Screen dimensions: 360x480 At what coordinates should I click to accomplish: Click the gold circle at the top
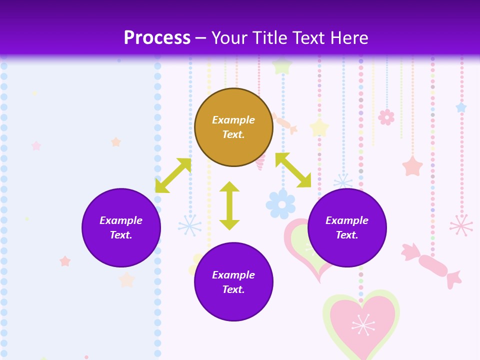(x=233, y=127)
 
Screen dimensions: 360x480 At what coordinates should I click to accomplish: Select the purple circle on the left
(x=121, y=228)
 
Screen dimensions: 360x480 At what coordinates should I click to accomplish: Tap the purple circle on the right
(x=347, y=228)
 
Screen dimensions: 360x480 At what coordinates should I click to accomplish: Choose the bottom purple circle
(x=233, y=282)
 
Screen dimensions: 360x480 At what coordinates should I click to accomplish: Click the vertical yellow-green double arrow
(x=229, y=205)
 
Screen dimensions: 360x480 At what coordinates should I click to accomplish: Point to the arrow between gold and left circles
(x=173, y=175)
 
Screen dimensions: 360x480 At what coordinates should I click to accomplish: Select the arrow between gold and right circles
(x=293, y=170)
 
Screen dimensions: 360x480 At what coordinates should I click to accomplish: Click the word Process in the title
(x=157, y=38)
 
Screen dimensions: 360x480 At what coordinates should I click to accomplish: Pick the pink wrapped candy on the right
(x=432, y=265)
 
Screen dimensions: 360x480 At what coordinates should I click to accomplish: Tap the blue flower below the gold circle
(x=280, y=203)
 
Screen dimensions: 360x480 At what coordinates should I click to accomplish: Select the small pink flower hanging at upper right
(x=386, y=117)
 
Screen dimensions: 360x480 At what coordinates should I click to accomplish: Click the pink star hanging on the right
(x=412, y=166)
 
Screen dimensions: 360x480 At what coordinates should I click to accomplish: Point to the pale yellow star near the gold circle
(x=319, y=127)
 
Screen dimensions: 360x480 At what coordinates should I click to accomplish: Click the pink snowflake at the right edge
(x=461, y=225)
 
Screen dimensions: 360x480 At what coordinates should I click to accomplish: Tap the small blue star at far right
(x=461, y=107)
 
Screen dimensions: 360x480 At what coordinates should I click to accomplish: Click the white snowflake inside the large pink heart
(x=363, y=325)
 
